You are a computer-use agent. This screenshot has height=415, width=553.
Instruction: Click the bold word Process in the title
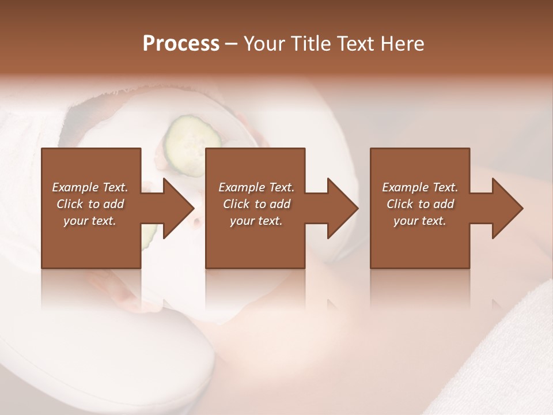pyautogui.click(x=181, y=44)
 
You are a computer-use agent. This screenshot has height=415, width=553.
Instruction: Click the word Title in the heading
pyautogui.click(x=308, y=44)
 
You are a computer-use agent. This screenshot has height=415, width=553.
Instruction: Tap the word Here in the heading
pyautogui.click(x=402, y=44)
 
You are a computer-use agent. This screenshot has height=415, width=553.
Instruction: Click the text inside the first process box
pyautogui.click(x=90, y=204)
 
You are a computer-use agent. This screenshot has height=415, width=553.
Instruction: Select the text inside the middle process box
pyautogui.click(x=256, y=204)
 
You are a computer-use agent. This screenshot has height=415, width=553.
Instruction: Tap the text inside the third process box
pyautogui.click(x=420, y=204)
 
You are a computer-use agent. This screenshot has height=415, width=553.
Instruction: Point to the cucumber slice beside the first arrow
pyautogui.click(x=149, y=232)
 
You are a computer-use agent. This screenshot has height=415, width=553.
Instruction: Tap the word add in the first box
pyautogui.click(x=113, y=204)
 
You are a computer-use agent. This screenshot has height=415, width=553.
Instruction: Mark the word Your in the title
pyautogui.click(x=260, y=44)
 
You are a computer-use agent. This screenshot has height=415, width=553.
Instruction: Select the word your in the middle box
pyautogui.click(x=241, y=221)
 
